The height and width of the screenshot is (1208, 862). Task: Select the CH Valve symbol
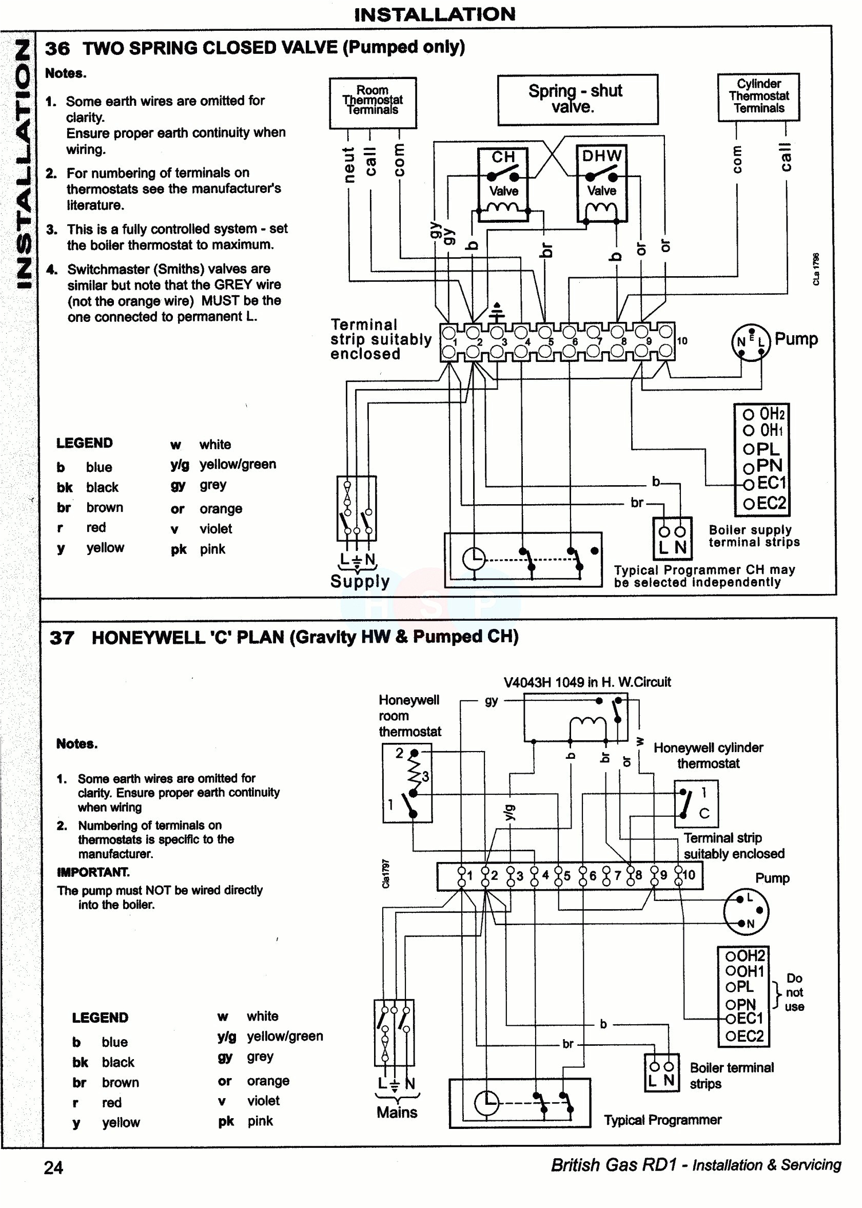point(502,184)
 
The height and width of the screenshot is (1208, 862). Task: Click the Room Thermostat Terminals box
point(373,103)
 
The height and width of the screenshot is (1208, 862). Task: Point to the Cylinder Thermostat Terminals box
point(758,97)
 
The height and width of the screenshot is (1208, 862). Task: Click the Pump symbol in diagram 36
point(750,342)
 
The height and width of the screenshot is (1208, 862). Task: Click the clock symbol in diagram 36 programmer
point(474,559)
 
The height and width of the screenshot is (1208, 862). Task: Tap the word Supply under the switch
point(360,582)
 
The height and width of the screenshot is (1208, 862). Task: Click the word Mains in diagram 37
point(397,1112)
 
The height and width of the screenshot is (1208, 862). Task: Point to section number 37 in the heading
point(62,638)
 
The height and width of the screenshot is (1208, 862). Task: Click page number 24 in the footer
point(53,1167)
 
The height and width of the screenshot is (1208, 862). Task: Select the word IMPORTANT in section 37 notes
point(93,872)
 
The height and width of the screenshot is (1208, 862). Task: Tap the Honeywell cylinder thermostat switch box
point(696,803)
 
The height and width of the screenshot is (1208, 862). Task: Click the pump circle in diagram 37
point(746,911)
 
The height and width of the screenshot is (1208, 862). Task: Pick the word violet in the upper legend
point(215,529)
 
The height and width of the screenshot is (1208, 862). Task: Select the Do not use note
point(794,992)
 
